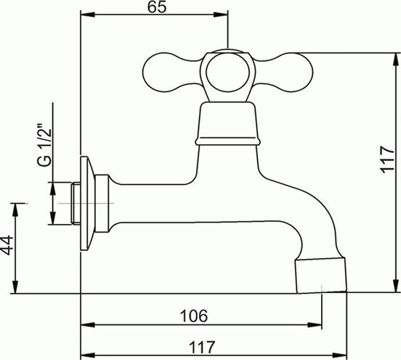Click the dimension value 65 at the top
click(x=156, y=7)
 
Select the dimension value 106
click(x=193, y=316)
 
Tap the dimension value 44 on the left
click(x=7, y=245)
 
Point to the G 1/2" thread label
click(x=44, y=145)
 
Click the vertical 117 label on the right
click(x=386, y=159)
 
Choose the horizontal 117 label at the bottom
click(x=202, y=347)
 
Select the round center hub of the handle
click(x=227, y=73)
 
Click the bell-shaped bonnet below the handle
click(x=227, y=124)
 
